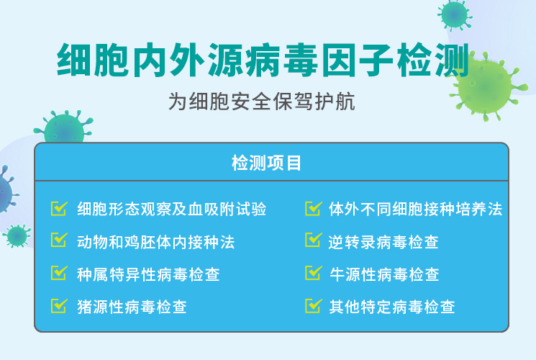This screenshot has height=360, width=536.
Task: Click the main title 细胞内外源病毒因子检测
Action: click(x=263, y=60)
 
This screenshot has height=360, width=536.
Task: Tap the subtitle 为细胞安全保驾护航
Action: click(x=261, y=102)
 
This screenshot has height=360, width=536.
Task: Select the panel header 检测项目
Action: click(x=266, y=163)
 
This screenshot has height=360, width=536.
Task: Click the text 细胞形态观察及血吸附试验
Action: click(x=172, y=209)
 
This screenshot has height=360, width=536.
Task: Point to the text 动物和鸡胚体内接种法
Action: click(x=156, y=242)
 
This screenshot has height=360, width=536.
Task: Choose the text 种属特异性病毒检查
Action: click(x=148, y=274)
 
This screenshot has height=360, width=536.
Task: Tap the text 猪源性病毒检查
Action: click(x=132, y=307)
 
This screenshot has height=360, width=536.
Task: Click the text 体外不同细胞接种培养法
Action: click(x=416, y=209)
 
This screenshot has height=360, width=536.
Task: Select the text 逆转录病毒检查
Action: click(x=383, y=242)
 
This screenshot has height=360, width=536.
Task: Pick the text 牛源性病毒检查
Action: click(x=384, y=274)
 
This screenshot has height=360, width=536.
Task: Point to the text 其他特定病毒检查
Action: click(x=392, y=307)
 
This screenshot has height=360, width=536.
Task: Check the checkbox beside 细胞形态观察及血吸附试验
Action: click(x=59, y=208)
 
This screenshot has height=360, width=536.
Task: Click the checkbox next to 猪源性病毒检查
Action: click(x=59, y=305)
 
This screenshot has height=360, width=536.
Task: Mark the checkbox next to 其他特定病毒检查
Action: click(x=314, y=305)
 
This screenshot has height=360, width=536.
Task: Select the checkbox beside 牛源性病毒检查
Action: click(x=314, y=273)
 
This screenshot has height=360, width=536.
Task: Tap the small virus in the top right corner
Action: click(x=455, y=15)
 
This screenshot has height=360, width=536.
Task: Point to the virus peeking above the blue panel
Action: click(x=64, y=127)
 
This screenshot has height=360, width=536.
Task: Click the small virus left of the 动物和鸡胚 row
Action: click(x=17, y=235)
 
